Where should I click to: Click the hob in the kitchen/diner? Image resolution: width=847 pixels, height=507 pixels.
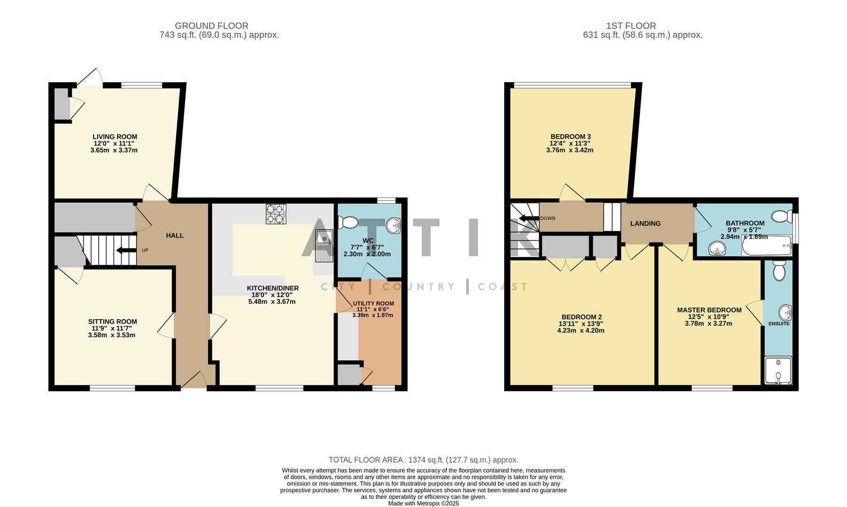point(276,214)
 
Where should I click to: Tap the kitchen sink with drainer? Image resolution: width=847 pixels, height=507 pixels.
point(324,245)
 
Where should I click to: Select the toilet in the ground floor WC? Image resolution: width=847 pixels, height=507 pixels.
point(348,221)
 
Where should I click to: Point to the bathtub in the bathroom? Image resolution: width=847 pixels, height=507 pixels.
point(766,246)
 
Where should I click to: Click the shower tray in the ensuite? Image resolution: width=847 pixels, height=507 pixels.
point(778,371)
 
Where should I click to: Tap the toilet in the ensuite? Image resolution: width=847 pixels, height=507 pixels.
point(779,270)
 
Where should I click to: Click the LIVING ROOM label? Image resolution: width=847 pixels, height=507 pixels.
point(115,137)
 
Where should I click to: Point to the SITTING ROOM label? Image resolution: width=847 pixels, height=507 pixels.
point(113,322)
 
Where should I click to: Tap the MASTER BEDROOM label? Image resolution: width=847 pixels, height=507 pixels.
point(709,310)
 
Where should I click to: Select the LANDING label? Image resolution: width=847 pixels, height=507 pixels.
point(645,223)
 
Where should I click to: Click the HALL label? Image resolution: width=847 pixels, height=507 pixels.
point(175,235)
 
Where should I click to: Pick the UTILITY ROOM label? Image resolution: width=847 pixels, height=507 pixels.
point(373,303)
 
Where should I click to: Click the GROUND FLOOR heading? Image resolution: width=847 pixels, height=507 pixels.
point(211,26)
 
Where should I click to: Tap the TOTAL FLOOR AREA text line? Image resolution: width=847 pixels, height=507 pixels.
point(423,460)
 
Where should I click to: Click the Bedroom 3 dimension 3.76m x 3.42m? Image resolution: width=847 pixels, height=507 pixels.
point(569,150)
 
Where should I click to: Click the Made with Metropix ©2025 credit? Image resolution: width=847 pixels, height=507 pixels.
point(423,503)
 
